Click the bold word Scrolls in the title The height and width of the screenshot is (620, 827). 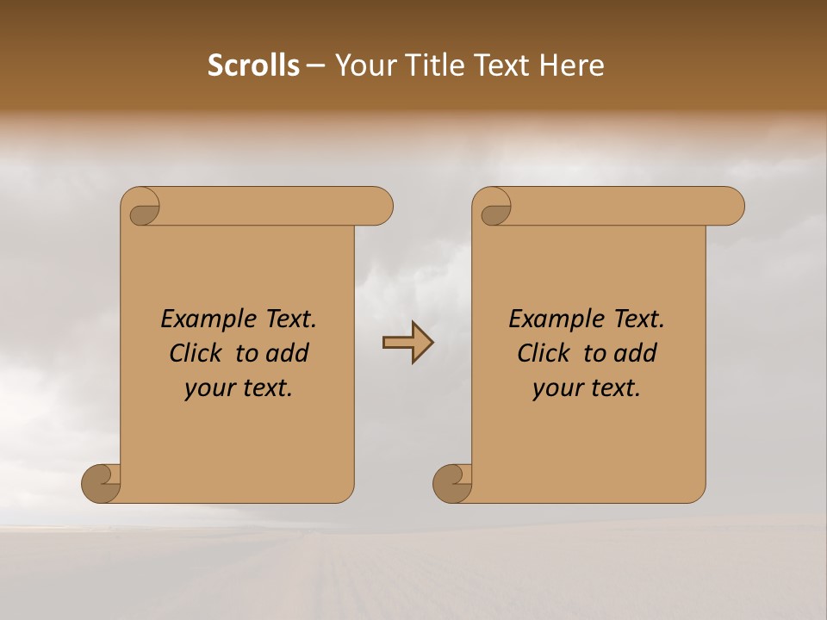[253, 65]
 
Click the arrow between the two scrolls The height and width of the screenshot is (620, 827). [407, 343]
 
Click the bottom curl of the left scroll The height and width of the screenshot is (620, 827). [100, 483]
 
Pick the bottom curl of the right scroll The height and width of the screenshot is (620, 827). [451, 483]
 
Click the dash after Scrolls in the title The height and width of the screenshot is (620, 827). [315, 65]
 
